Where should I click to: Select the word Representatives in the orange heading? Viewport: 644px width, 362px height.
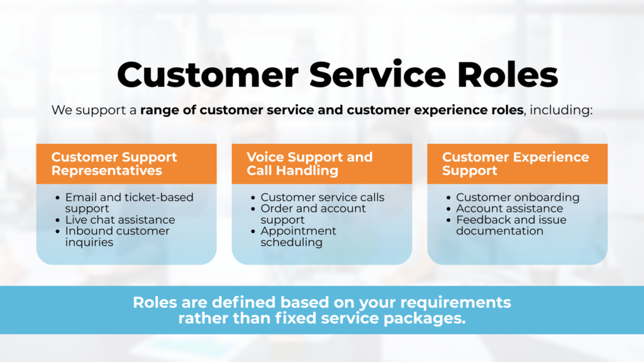click(106, 170)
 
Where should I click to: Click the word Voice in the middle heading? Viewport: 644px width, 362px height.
click(265, 157)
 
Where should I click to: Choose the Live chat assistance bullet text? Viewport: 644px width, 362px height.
click(120, 219)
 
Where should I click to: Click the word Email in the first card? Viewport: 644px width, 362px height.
click(81, 197)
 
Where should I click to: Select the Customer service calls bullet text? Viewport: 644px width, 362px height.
click(322, 197)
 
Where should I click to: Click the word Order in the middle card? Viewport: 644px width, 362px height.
click(278, 209)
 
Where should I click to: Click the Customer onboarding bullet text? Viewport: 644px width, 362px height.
click(518, 197)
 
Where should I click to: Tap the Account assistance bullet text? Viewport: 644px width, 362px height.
click(509, 209)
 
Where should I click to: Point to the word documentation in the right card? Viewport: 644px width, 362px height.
click(499, 231)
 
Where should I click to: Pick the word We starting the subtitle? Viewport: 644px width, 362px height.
click(61, 110)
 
